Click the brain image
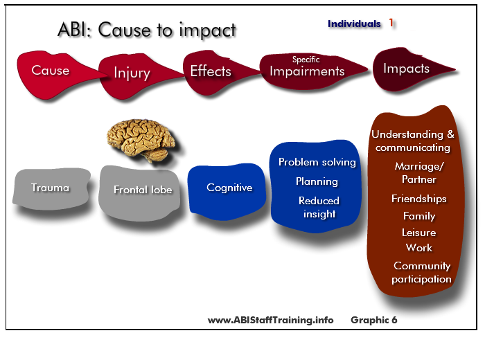pos(141,140)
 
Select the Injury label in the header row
pos(132,73)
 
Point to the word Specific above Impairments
pos(306,60)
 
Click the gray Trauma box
pos(51,188)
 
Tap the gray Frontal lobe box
pos(139,193)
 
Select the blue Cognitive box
pos(227,192)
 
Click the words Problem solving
pos(317,162)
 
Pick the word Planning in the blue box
pos(317,181)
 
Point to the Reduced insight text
pos(319,207)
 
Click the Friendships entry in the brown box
pos(418,199)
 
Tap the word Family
pos(419,216)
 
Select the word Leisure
pos(418,233)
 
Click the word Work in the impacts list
pos(418,248)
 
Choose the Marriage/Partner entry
pos(419,173)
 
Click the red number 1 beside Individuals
pos(391,23)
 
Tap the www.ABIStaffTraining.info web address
pos(271,320)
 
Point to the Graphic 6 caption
pos(373,320)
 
